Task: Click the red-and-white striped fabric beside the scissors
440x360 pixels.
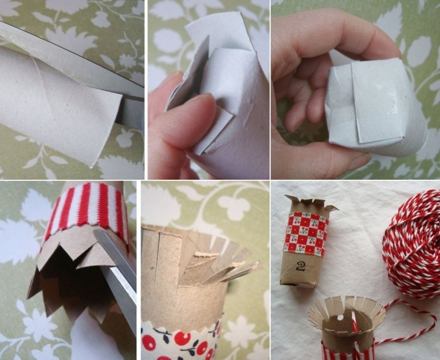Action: pyautogui.click(x=85, y=209)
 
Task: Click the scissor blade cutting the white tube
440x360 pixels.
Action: pyautogui.click(x=70, y=65)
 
